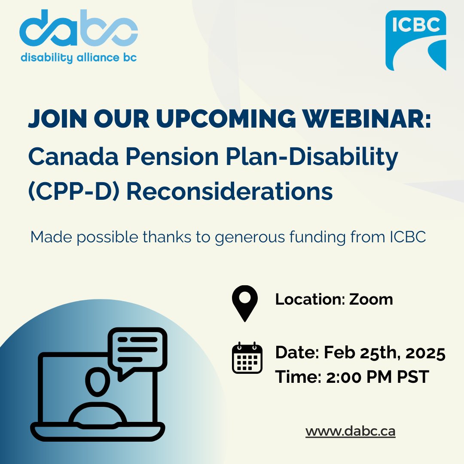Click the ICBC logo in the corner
click(415, 40)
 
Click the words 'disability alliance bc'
click(79, 58)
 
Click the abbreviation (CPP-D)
click(73, 191)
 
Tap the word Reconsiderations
click(229, 191)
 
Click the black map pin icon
click(244, 302)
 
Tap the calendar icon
click(247, 358)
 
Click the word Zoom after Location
click(371, 299)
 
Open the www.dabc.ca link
click(350, 431)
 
